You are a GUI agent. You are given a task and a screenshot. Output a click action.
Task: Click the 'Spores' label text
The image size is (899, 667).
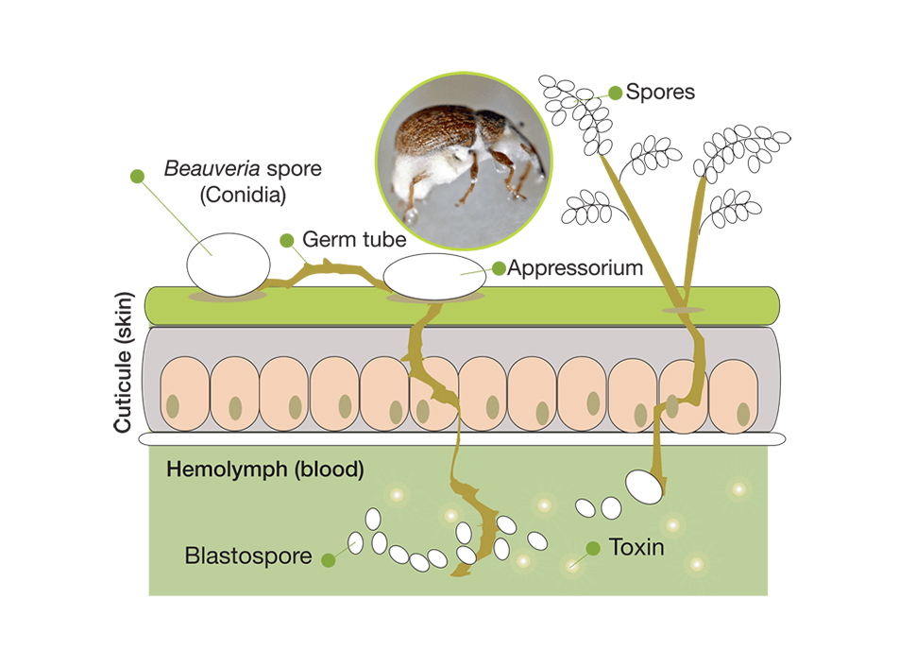660,92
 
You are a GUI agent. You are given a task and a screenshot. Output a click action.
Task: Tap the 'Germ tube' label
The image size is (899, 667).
354,239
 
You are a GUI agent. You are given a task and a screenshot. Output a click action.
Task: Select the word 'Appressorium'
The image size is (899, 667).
575,268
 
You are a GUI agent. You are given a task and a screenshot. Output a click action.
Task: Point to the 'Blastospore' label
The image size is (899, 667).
248,556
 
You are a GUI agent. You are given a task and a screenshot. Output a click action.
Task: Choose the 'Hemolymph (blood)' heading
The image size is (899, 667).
264,470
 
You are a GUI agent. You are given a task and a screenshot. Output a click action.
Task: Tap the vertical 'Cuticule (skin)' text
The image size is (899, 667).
123,363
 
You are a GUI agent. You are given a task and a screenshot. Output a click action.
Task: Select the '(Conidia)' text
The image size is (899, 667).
243,197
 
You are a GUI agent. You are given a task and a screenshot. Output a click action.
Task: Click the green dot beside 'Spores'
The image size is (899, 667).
616,93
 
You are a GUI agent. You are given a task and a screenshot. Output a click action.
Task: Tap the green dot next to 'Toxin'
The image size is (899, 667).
592,548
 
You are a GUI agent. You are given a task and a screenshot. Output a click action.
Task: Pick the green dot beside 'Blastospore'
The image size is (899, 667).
328,559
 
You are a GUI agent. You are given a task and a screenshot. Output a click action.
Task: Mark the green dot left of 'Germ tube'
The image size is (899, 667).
287,239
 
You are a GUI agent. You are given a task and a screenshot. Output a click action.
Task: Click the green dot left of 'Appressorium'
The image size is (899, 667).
499,269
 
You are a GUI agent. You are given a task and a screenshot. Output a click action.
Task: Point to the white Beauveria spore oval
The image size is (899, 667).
227,265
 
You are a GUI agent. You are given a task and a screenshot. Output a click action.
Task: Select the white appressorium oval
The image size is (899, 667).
434,277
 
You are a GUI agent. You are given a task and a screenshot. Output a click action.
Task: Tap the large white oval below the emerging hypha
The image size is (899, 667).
644,486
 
